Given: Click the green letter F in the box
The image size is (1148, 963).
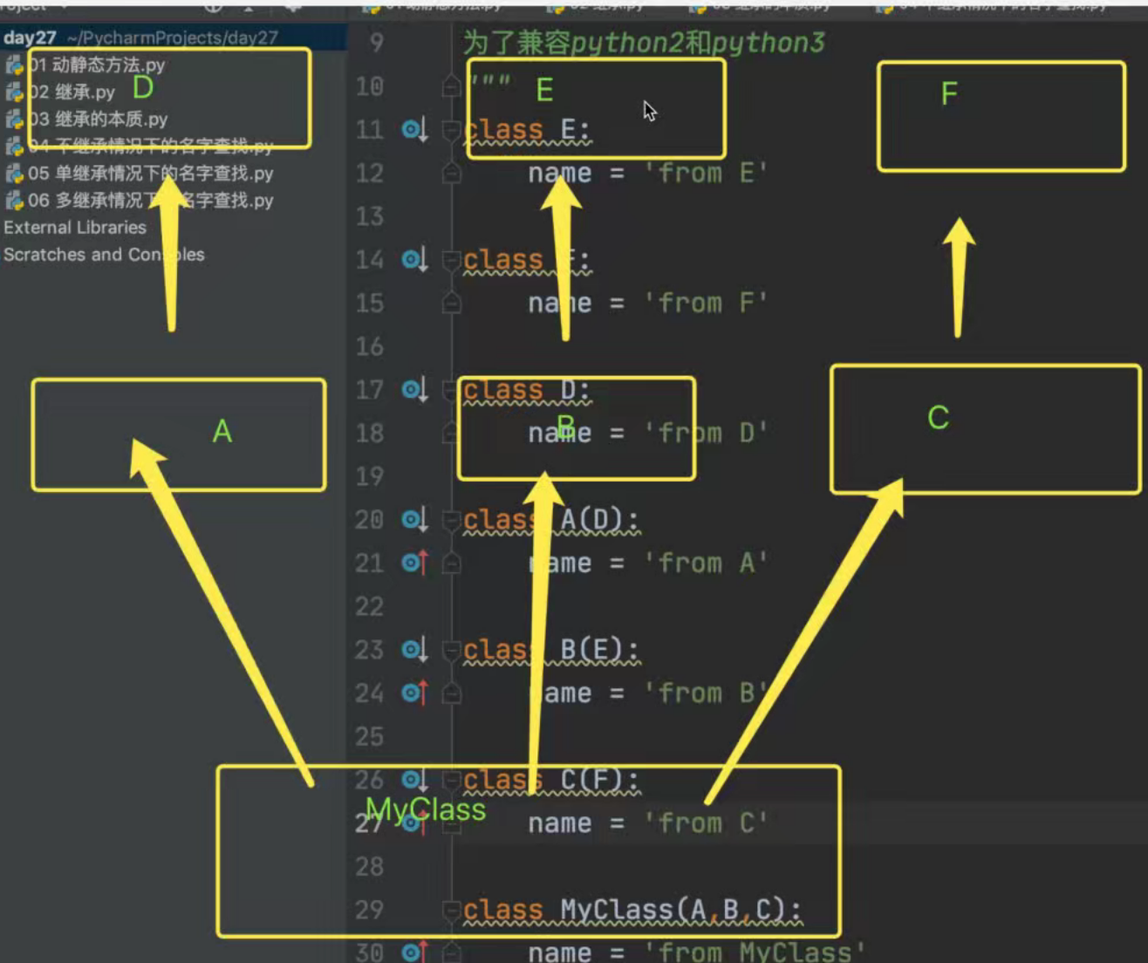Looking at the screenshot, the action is click(x=949, y=93).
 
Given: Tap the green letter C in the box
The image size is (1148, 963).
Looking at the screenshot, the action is click(x=938, y=418).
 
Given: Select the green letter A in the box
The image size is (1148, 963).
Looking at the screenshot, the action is click(x=222, y=431).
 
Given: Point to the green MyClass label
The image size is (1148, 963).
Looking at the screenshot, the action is click(x=426, y=809).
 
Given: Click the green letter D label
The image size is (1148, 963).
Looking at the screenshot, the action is click(x=143, y=87).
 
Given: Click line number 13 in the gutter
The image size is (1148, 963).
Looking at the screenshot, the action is click(x=369, y=215).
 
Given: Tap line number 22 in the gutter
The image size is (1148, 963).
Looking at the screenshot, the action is click(x=369, y=606).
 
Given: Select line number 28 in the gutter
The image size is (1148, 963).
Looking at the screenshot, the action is click(x=369, y=866).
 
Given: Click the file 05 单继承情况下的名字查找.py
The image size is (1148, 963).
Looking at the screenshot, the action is click(x=150, y=174).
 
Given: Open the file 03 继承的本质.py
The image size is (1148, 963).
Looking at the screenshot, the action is click(x=98, y=120).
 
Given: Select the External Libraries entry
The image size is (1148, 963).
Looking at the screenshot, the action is click(x=75, y=228).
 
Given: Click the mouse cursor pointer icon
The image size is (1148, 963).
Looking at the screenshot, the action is click(x=649, y=111).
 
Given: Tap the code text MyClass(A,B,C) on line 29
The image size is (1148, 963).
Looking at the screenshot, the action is click(x=680, y=910).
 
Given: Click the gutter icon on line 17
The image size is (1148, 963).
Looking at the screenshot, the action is click(x=413, y=389).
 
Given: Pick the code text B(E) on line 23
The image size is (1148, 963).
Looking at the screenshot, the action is click(x=598, y=650).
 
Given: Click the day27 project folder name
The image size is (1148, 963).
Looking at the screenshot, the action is click(x=30, y=38).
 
